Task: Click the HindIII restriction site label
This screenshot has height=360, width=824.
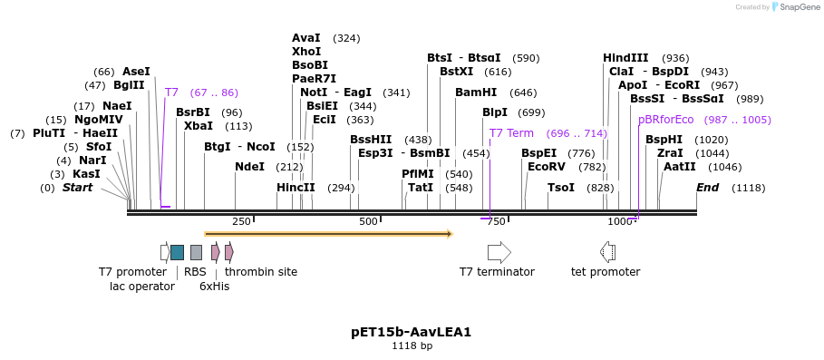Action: [x=625, y=58]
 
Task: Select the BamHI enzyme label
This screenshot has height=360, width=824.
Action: [x=476, y=92]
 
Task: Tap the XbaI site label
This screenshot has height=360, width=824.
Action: [x=199, y=126]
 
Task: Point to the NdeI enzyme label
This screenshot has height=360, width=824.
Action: [x=249, y=167]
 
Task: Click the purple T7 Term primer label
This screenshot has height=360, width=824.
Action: [x=511, y=133]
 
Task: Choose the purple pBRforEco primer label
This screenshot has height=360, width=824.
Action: [x=665, y=120]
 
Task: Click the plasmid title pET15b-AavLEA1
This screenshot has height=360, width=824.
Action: [x=411, y=332]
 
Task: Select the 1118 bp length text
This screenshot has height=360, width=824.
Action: [x=412, y=346]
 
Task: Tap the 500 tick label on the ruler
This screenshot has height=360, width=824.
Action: [x=368, y=222]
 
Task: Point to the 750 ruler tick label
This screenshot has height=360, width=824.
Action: [x=496, y=222]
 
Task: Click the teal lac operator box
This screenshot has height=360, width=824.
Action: [x=177, y=252]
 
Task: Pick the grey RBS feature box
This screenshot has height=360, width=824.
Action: [x=196, y=252]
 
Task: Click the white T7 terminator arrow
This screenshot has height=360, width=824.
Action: [x=499, y=252]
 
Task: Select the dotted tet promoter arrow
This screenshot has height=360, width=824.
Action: [x=607, y=252]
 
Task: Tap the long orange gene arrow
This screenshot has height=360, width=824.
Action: [x=328, y=234]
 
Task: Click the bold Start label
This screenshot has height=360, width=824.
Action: [x=77, y=188]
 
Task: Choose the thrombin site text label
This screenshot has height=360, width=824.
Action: [x=261, y=272]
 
